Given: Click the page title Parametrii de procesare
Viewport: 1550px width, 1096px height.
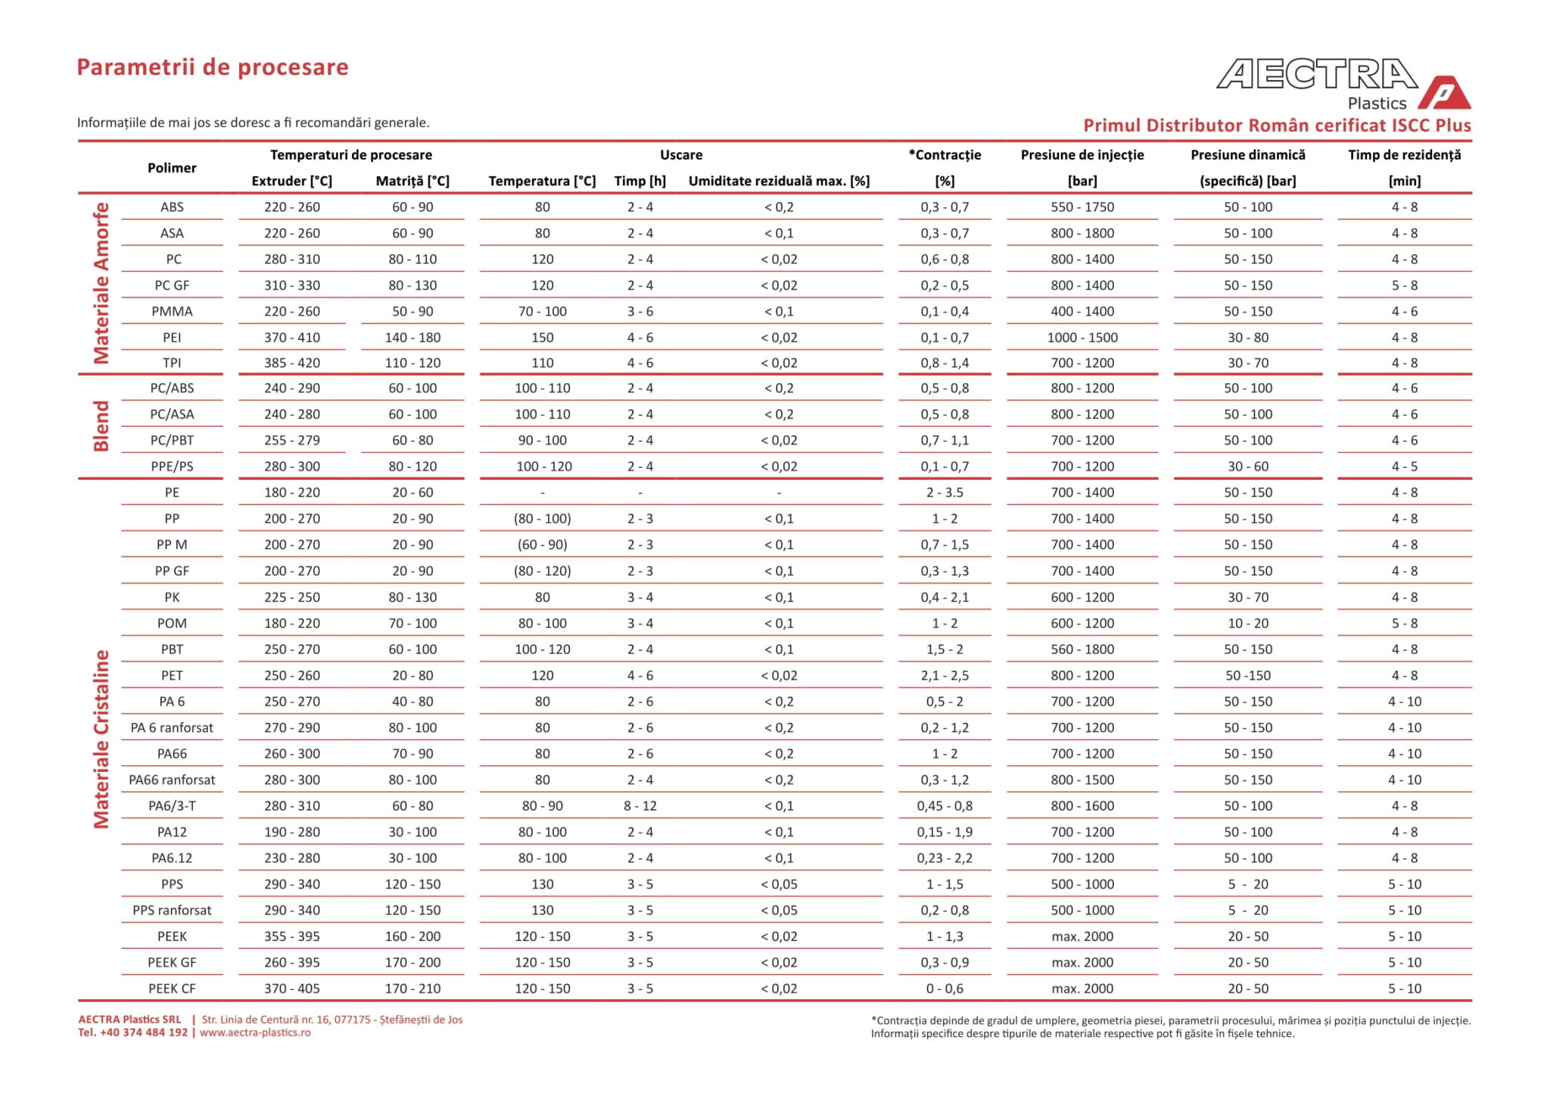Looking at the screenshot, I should click(x=213, y=67).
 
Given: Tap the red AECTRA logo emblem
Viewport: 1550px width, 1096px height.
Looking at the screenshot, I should click(x=1444, y=94).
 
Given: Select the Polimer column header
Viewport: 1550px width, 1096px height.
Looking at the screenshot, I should click(x=172, y=168).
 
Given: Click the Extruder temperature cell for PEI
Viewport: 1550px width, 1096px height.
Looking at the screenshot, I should click(x=292, y=338).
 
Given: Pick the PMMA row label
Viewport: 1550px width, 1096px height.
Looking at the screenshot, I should click(x=172, y=311).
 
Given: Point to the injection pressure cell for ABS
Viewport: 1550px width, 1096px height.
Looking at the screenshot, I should click(x=1082, y=207).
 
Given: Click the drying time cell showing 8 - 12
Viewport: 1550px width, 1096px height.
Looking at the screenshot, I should click(x=640, y=806).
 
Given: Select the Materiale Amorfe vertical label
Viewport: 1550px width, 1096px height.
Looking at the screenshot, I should click(x=101, y=283).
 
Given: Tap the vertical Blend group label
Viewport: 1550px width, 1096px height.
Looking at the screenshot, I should click(x=101, y=427).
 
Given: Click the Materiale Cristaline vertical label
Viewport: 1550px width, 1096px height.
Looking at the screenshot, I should click(x=101, y=739).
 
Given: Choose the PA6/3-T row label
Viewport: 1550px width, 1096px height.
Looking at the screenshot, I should click(x=172, y=806).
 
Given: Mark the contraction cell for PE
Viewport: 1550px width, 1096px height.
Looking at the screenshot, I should click(x=945, y=493).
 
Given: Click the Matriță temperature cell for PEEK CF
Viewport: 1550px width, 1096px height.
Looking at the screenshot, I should click(x=412, y=989).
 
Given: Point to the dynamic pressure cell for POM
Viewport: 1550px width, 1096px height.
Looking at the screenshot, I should click(x=1248, y=624).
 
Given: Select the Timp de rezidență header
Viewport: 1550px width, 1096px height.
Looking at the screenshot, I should click(x=1405, y=155).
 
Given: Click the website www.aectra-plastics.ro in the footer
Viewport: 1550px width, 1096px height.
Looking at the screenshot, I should click(x=255, y=1033).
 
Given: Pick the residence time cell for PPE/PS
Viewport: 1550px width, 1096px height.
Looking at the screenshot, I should click(x=1405, y=467).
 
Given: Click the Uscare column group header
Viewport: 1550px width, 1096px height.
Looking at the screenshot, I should click(x=681, y=155).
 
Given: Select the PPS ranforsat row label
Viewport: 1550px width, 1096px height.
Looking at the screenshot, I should click(x=172, y=911).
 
